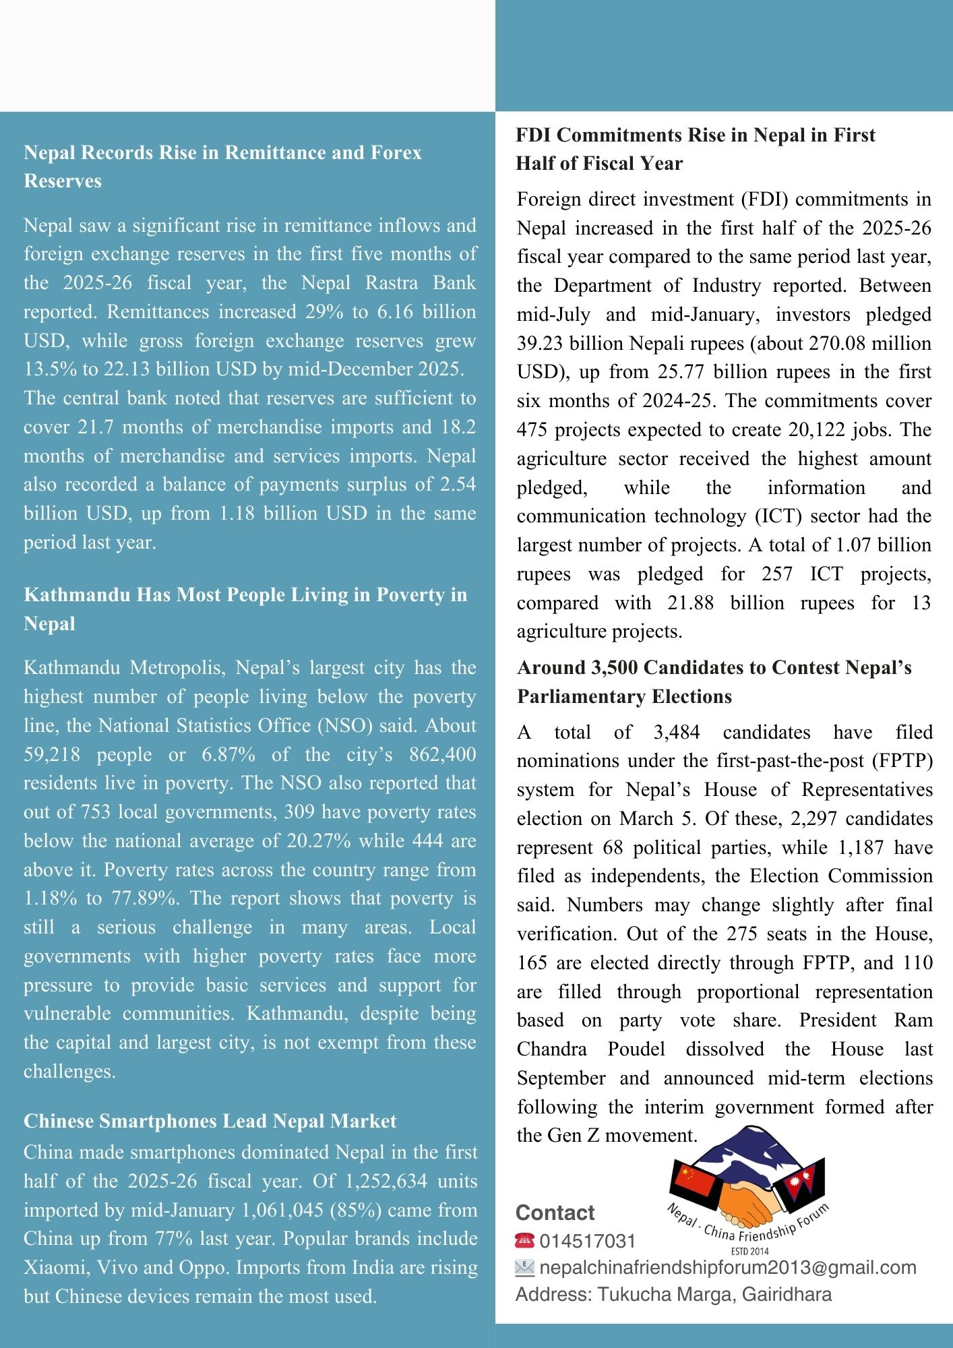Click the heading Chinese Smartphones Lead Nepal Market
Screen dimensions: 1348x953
[x=210, y=1121]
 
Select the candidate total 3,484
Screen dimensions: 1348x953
[x=677, y=732]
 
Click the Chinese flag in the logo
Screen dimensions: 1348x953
[x=691, y=1184]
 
